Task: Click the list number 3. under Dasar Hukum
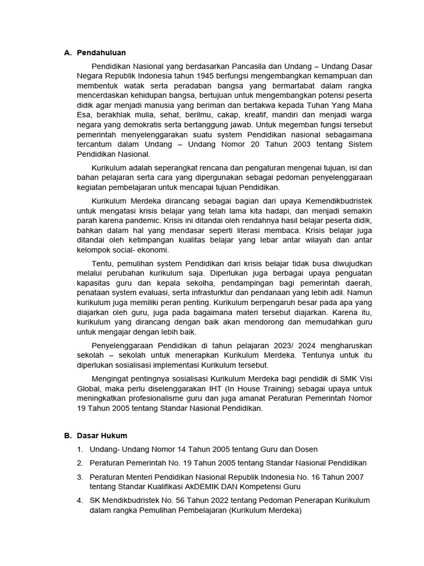pyautogui.click(x=80, y=477)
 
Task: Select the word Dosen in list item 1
pyautogui.click(x=306, y=449)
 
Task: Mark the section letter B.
pyautogui.click(x=67, y=436)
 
